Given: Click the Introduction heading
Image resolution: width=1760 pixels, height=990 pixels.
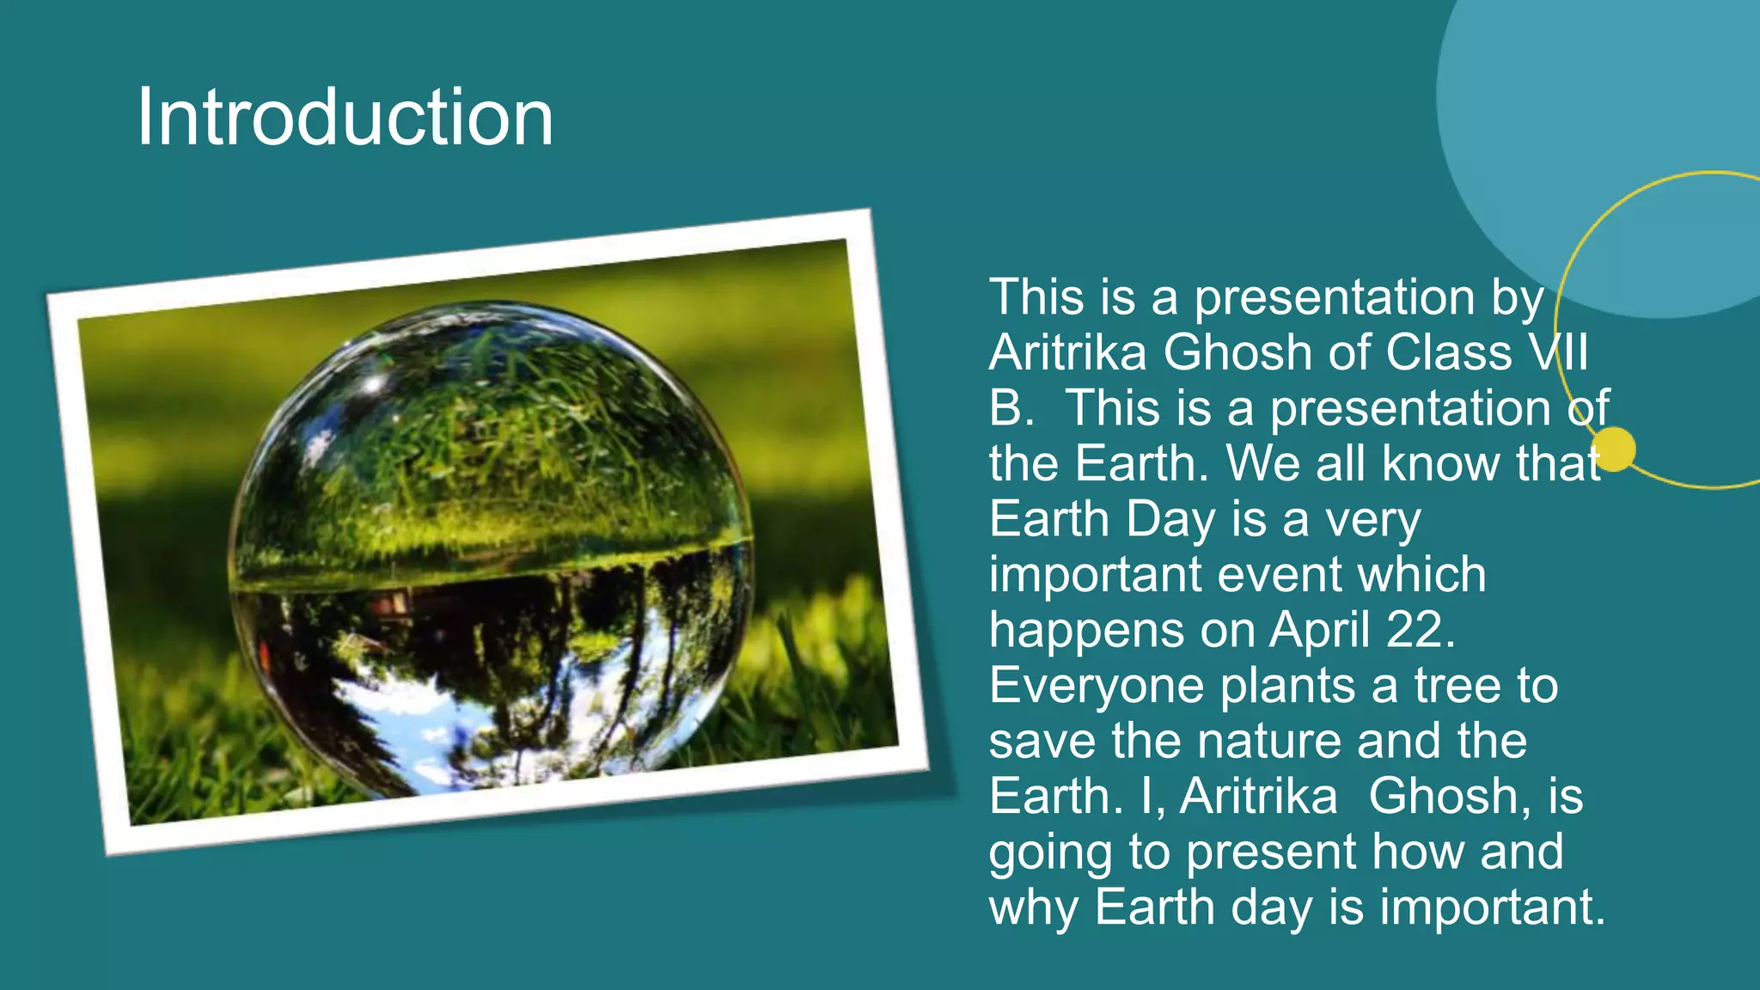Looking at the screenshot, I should [345, 118].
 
